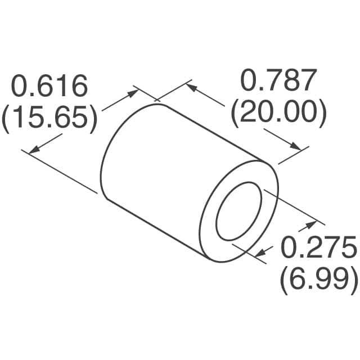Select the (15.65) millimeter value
tap(49, 118)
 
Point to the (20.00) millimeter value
tap(278, 112)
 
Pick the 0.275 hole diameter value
tap(318, 247)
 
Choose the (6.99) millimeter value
tap(318, 278)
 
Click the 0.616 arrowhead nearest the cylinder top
tap(133, 91)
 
